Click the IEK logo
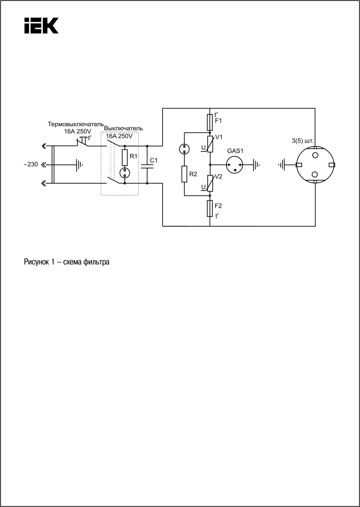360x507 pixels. pos(41,25)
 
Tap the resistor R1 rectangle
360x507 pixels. pos(125,158)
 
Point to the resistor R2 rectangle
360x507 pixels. pos(184,174)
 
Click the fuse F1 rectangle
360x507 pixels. pos(210,122)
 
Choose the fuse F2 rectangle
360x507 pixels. pos(210,208)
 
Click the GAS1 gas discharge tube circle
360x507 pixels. pos(235,165)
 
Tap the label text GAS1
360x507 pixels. pos(235,151)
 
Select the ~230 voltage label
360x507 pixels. pos(31,165)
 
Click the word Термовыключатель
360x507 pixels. pos(76,124)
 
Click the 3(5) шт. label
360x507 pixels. pos(303,142)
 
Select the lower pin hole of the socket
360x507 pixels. pos(315,174)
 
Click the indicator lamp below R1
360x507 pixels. pos(125,173)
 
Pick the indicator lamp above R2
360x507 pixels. pos(184,149)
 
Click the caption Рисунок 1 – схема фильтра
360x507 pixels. pos(67,262)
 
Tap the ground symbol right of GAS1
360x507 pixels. pos(256,165)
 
